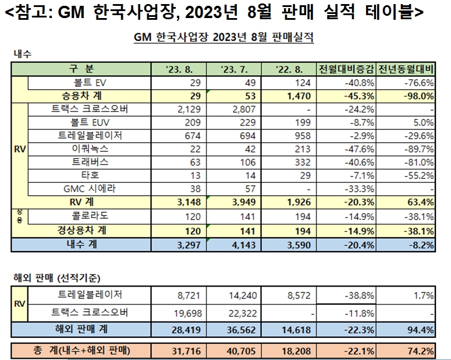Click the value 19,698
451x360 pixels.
coord(188,313)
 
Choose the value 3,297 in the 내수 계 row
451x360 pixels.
coord(188,246)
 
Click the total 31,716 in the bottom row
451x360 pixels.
coord(187,352)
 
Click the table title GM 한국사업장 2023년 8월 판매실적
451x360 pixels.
coord(224,38)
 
